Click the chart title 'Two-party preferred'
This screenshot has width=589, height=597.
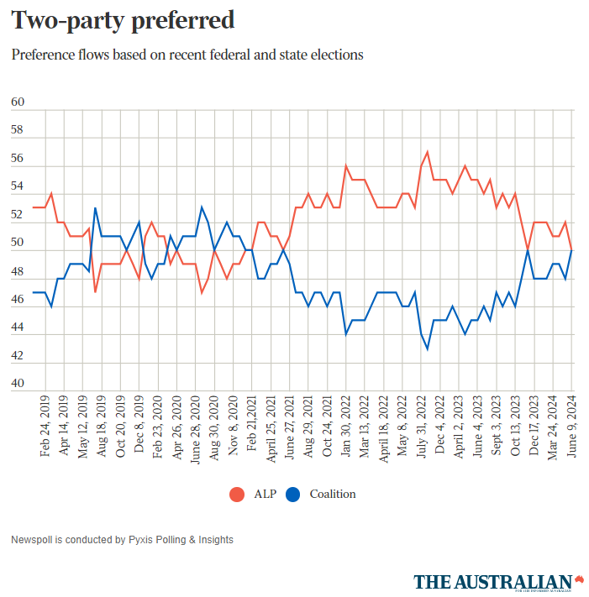coord(123,20)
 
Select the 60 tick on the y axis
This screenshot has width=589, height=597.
coord(18,102)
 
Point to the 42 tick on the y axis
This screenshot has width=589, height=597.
coord(18,356)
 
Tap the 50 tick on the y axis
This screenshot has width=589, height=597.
coord(18,244)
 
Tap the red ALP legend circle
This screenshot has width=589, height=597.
coord(237,494)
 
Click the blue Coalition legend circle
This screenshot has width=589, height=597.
coord(293,494)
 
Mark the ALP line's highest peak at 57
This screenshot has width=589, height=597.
coord(428,152)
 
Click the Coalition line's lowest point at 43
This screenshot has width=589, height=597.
coord(428,348)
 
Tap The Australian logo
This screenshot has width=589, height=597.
coord(499,582)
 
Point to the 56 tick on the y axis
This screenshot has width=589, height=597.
coord(18,159)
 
